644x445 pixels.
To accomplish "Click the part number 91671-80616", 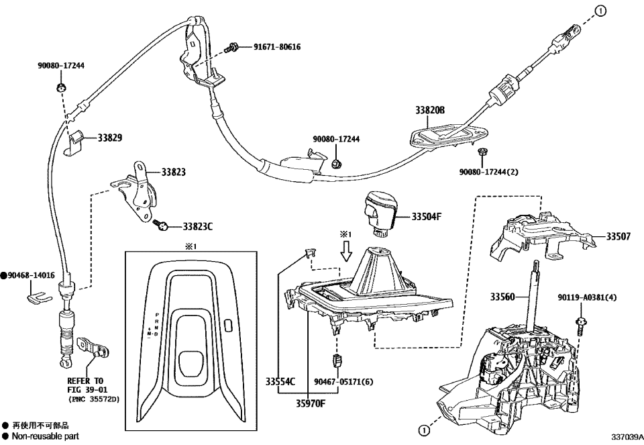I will pos(277,48).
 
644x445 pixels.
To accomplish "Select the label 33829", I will pos(110,138).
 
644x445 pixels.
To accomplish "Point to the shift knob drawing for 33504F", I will pos(380,211).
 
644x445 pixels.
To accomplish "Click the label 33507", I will pos(619,237).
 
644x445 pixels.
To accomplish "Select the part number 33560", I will pos(504,296).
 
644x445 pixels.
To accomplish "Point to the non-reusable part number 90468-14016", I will pos(32,275).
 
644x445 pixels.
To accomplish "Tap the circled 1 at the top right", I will pos(601,10).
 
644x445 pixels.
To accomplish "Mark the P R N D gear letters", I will pos(156,324).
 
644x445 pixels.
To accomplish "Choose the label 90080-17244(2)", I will pos(488,172).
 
